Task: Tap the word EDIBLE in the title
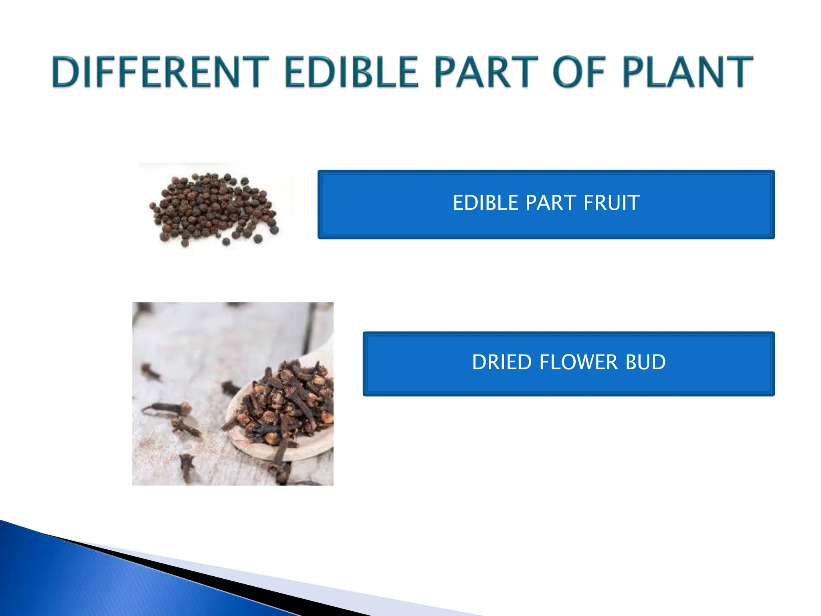tap(351, 72)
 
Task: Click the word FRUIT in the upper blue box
tap(611, 203)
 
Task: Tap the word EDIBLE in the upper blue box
tap(485, 203)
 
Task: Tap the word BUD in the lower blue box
tap(646, 362)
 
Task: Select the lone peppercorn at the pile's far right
tap(274, 230)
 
